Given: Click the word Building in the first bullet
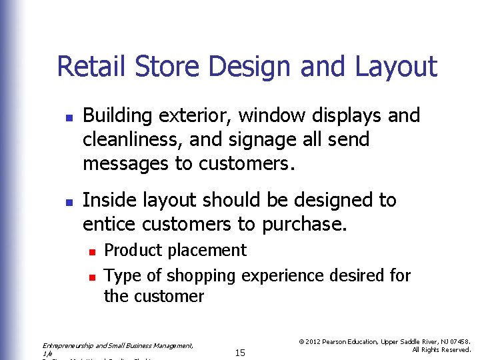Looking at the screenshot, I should tap(117, 116).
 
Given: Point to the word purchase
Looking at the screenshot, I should tap(304, 224).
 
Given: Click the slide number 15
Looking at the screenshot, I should tap(240, 353).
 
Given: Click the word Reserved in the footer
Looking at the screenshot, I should tap(455, 350).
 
